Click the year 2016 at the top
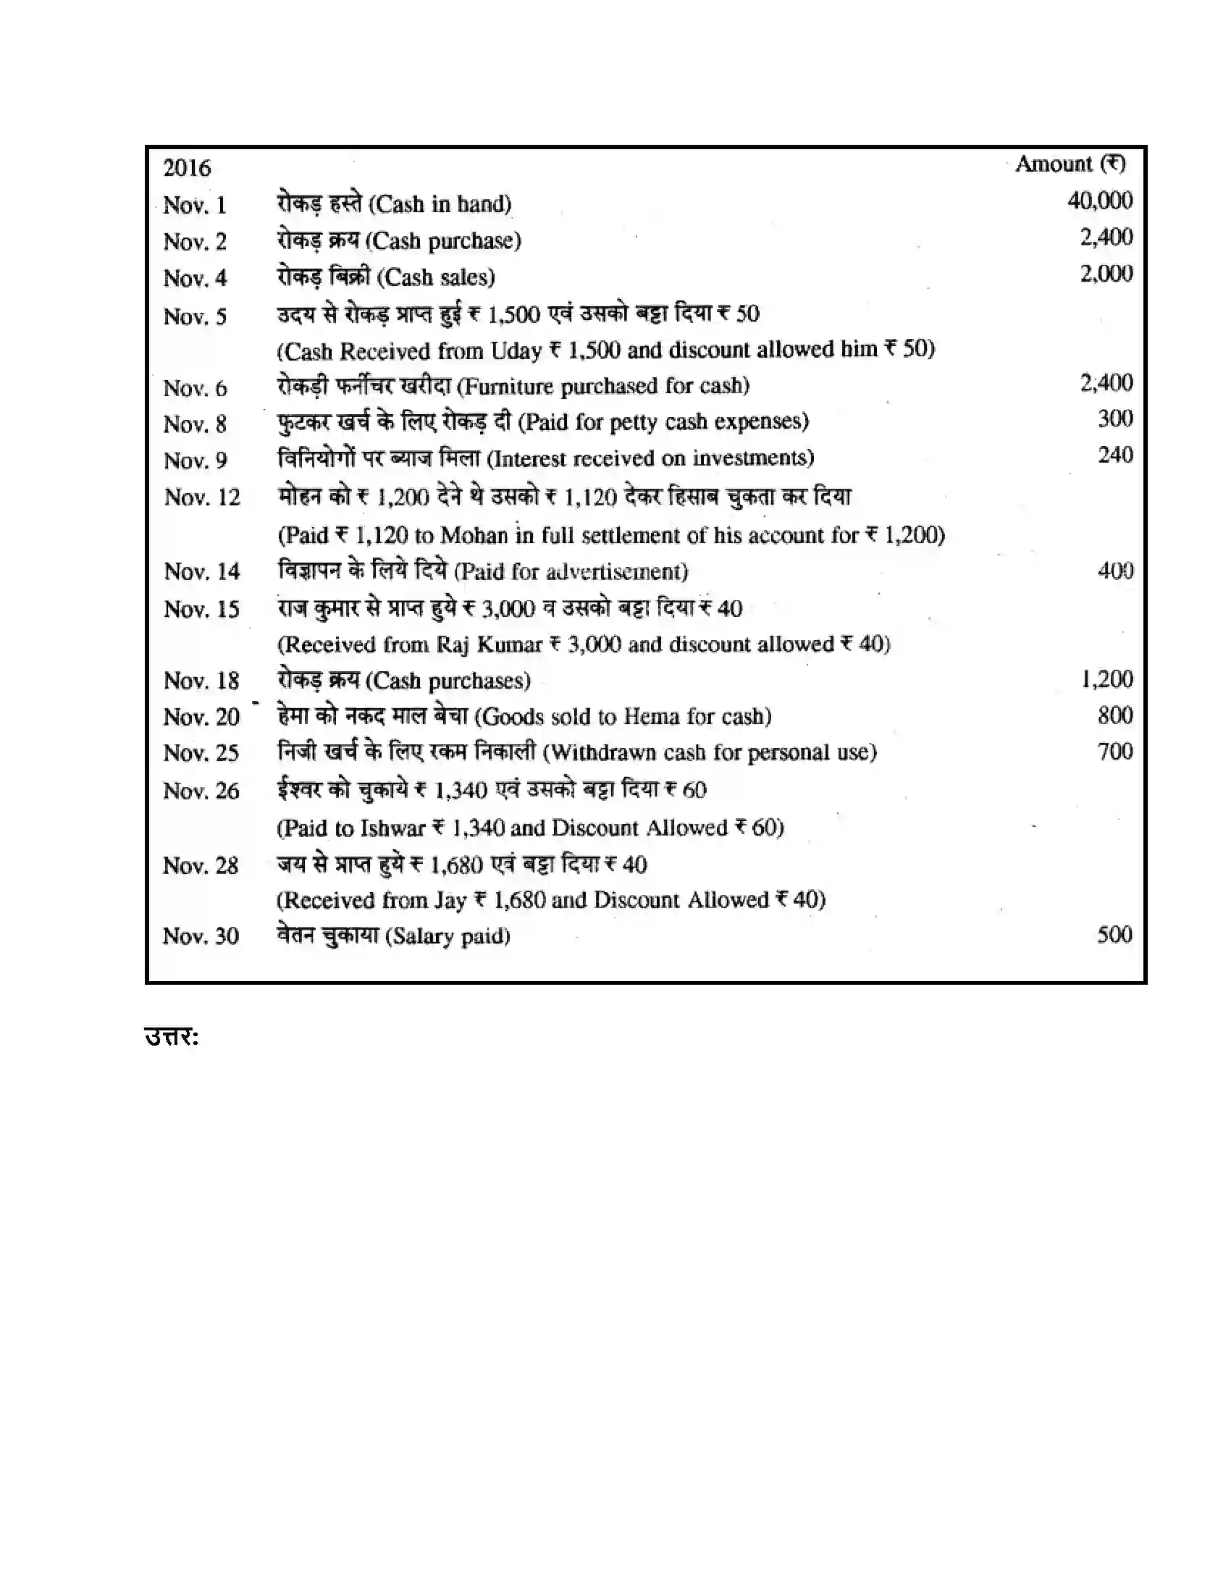coord(187,169)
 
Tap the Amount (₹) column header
coord(1070,164)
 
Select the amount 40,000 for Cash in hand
coord(1100,201)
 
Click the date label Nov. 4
coord(195,279)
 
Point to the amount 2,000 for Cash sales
coord(1106,274)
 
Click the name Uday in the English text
coord(516,351)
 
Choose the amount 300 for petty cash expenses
coord(1115,419)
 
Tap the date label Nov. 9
coord(195,461)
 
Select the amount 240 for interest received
coord(1115,455)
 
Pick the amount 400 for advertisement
coord(1115,571)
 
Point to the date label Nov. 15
coord(201,609)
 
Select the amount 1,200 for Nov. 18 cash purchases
coord(1107,680)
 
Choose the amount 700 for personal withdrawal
coord(1115,752)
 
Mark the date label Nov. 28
coord(201,866)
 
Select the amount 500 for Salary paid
coord(1114,935)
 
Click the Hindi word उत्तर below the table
coord(172,1036)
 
